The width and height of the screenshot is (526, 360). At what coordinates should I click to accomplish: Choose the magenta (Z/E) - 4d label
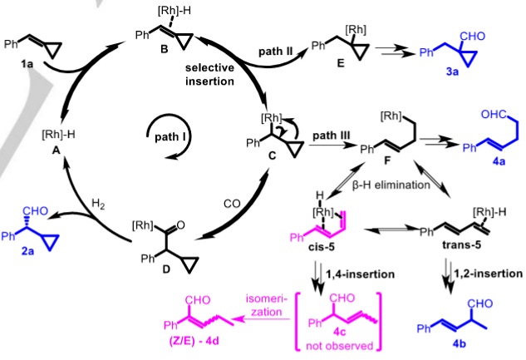coord(199,340)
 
